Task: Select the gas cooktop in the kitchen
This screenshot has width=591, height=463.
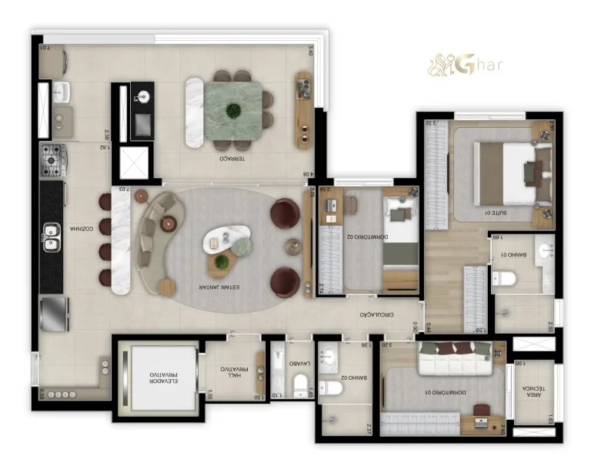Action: click(53, 157)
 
